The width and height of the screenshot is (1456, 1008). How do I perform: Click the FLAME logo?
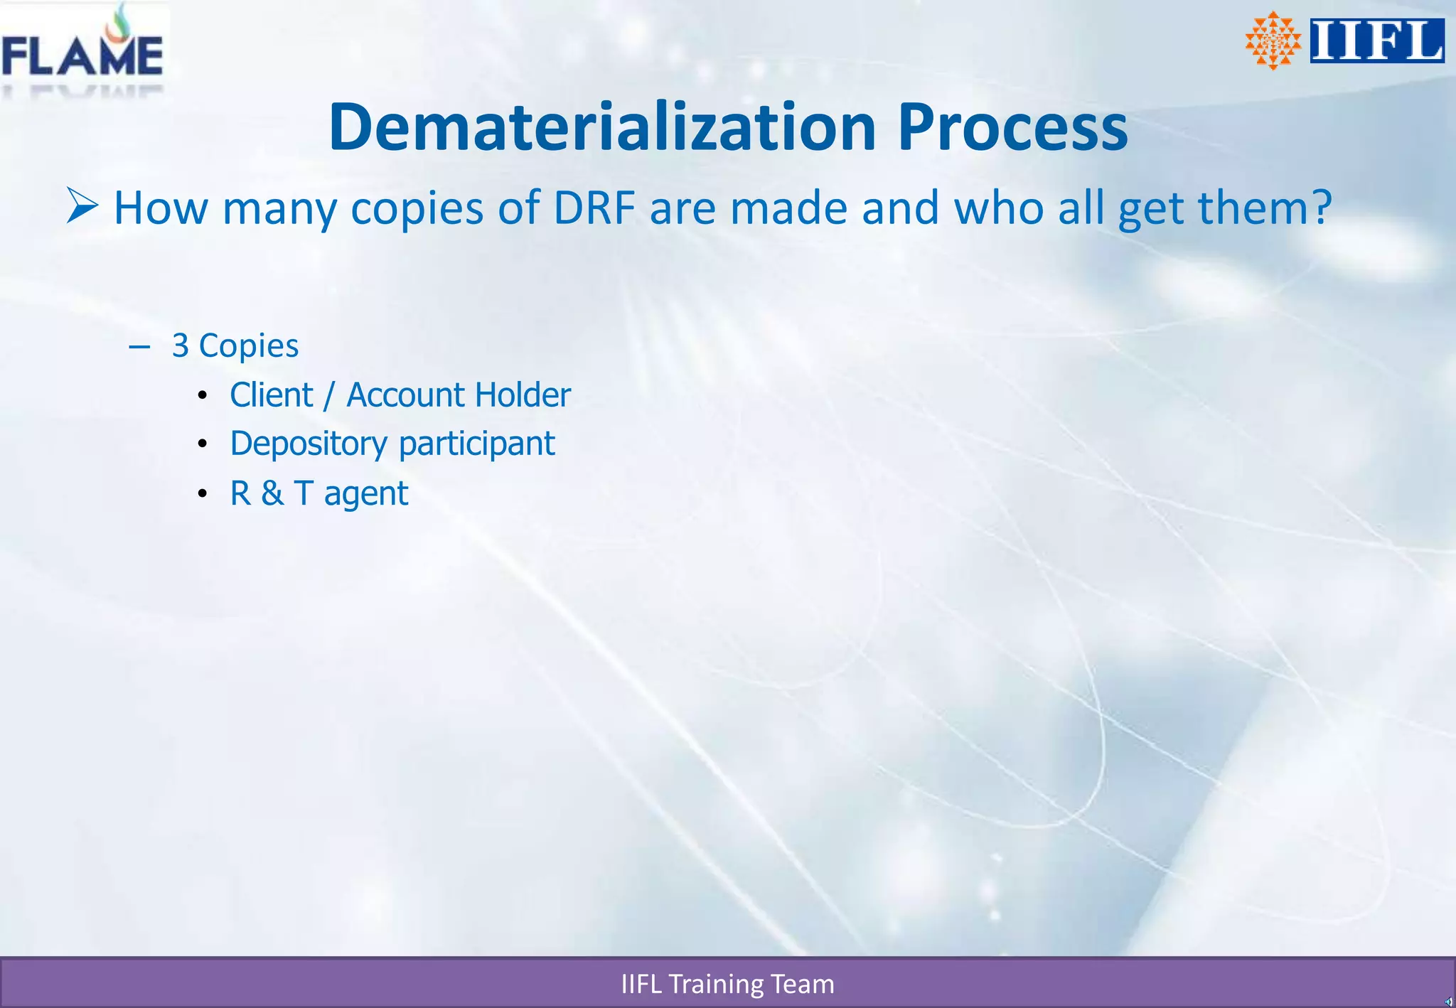point(82,50)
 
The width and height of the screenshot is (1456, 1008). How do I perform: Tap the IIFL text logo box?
point(1376,41)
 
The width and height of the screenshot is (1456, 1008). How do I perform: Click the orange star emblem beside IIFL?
point(1273,41)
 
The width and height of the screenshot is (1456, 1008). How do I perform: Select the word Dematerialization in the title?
point(601,128)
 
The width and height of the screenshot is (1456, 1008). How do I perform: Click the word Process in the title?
point(1012,128)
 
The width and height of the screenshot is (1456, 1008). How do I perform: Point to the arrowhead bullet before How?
point(82,206)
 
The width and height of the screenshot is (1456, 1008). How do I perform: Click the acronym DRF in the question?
point(594,208)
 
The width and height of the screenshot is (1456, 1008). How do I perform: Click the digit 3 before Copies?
point(181,346)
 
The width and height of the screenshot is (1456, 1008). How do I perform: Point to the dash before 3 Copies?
point(139,347)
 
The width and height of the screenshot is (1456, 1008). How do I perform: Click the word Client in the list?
point(271,395)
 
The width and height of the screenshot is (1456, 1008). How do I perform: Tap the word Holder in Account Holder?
point(523,395)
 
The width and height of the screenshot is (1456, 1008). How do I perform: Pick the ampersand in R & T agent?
point(272,493)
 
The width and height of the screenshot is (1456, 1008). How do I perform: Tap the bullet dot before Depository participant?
point(203,444)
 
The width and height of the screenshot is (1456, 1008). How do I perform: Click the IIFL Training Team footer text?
point(727,985)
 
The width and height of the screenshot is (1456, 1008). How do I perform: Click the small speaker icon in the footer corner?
point(1448,1002)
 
